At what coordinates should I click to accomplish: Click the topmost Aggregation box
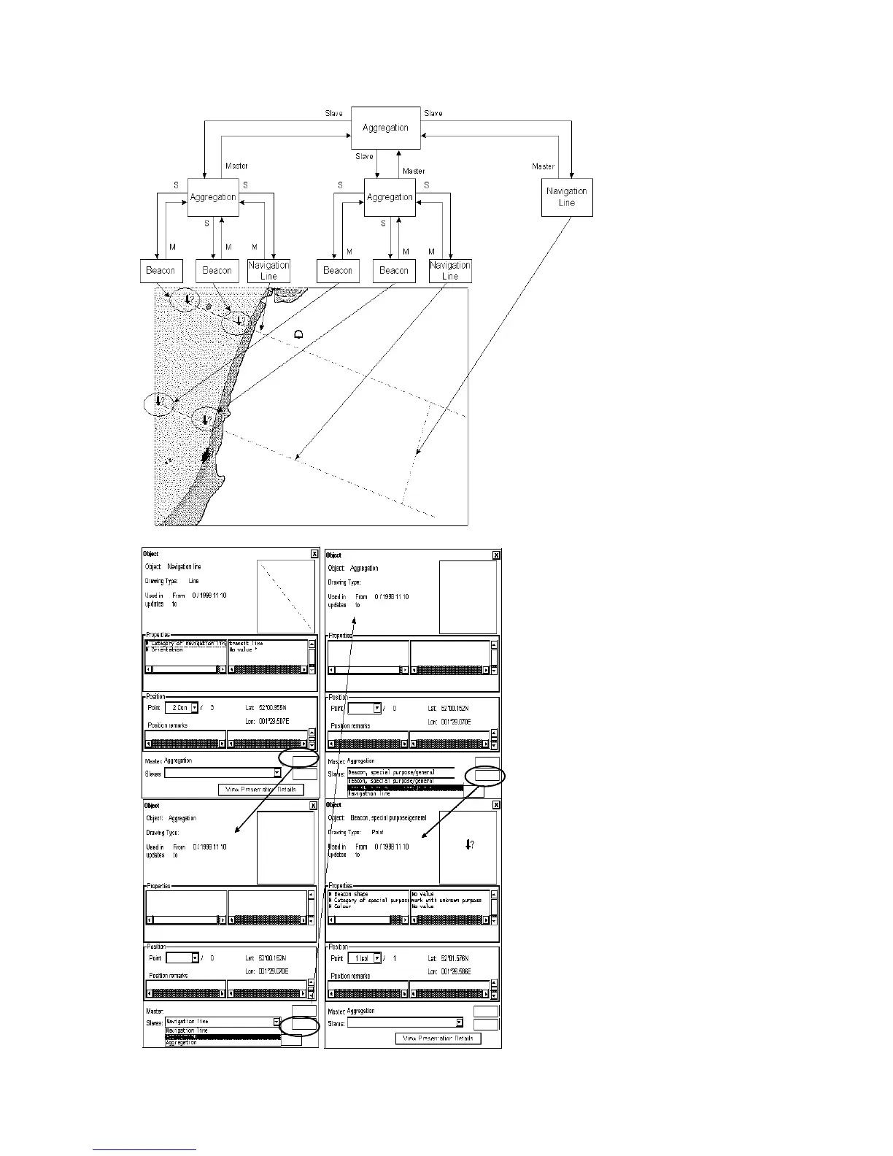click(x=385, y=128)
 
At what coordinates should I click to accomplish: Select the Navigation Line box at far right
click(x=567, y=197)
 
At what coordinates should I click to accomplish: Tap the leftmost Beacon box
click(x=161, y=271)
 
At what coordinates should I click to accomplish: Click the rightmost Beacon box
click(x=394, y=271)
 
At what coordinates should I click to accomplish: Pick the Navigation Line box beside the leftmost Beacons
click(x=268, y=271)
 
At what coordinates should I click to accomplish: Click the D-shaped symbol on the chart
click(x=298, y=334)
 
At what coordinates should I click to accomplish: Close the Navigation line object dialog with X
click(x=314, y=554)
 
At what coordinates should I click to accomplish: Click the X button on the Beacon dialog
click(x=496, y=805)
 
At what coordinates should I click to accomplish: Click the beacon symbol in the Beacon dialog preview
click(x=470, y=845)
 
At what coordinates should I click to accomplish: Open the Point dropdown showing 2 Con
click(x=195, y=708)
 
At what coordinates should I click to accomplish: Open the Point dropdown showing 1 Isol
click(x=377, y=958)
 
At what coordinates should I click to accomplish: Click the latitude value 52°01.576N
click(x=455, y=958)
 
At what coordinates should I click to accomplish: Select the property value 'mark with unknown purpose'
click(x=446, y=901)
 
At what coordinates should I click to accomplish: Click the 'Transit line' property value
click(x=247, y=644)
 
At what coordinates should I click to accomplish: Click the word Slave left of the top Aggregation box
click(x=333, y=114)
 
